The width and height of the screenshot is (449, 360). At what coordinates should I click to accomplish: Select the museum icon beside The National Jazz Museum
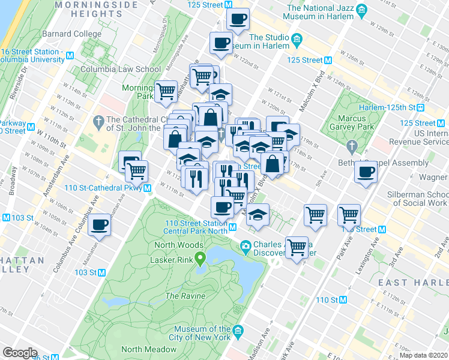(361, 10)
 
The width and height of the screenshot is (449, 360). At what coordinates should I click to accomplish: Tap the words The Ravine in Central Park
(181, 296)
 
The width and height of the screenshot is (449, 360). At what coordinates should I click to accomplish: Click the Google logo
(20, 353)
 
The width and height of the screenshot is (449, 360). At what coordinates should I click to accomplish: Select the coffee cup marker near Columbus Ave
(100, 226)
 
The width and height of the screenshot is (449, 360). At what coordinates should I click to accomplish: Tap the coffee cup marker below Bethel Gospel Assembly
(366, 173)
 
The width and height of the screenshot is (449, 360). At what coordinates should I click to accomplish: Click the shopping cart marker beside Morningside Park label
(166, 92)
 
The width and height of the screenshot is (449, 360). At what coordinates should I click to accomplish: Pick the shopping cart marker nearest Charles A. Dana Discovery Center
(297, 246)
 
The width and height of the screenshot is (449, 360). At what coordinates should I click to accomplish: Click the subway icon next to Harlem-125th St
(421, 107)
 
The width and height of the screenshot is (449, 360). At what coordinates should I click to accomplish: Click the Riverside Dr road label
(24, 78)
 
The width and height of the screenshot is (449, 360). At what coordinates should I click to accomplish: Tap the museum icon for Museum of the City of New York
(239, 331)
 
